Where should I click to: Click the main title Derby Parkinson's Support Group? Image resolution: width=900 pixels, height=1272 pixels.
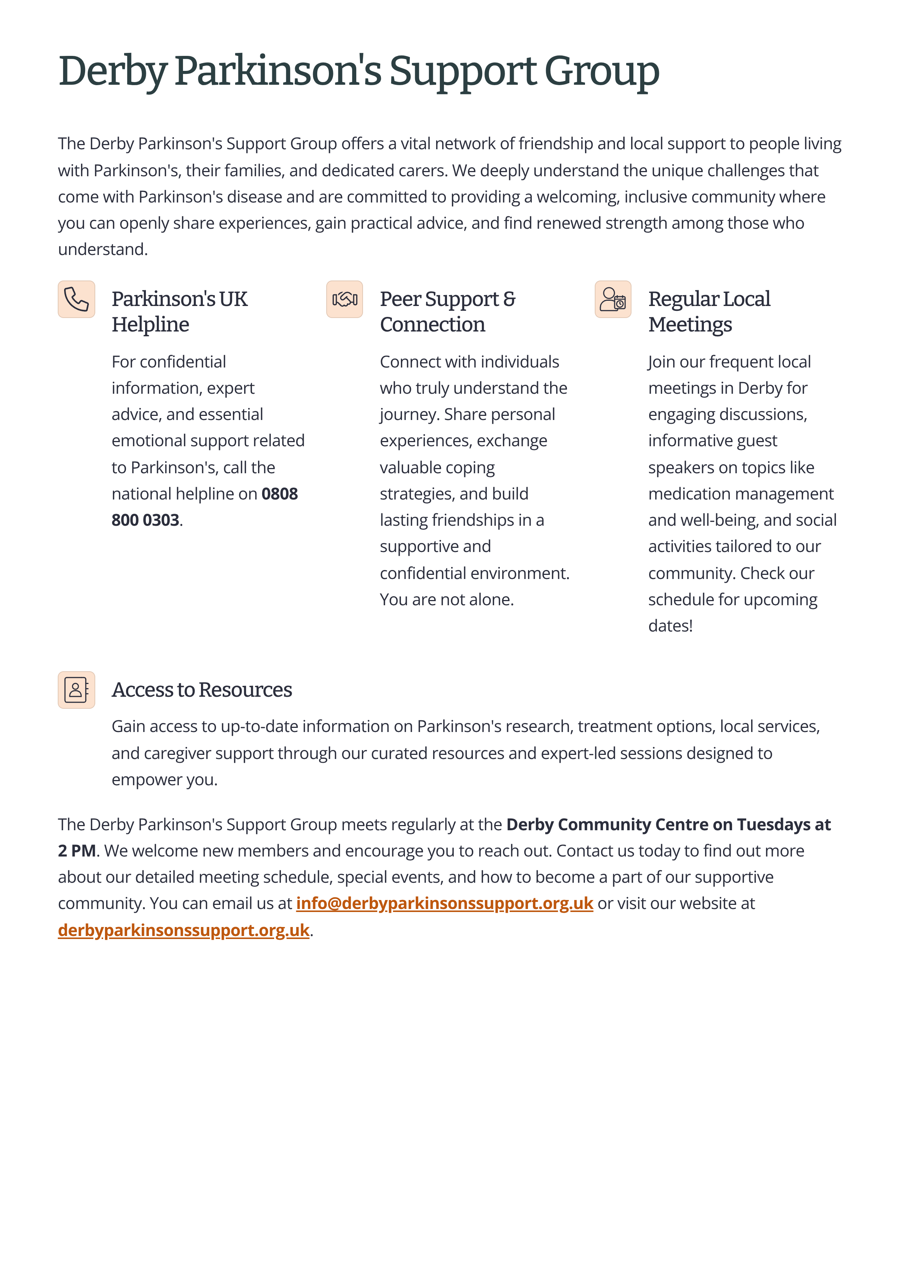pyautogui.click(x=358, y=72)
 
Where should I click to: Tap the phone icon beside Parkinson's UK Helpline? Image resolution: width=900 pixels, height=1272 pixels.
pyautogui.click(x=76, y=299)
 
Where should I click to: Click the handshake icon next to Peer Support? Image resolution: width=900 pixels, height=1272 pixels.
pyautogui.click(x=344, y=299)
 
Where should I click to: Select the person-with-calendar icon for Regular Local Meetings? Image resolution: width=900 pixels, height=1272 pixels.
pyautogui.click(x=612, y=299)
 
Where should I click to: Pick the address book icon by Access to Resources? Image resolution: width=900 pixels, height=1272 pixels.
pyautogui.click(x=76, y=690)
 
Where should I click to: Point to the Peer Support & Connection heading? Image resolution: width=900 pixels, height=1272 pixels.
pyautogui.click(x=447, y=312)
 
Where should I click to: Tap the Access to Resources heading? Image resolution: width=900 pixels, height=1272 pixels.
pyautogui.click(x=202, y=690)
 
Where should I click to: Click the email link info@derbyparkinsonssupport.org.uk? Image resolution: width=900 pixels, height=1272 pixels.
pyautogui.click(x=444, y=903)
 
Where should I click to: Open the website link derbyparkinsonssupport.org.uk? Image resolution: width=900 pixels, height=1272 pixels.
pyautogui.click(x=183, y=930)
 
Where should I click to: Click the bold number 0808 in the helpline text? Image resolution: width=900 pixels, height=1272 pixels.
pyautogui.click(x=280, y=494)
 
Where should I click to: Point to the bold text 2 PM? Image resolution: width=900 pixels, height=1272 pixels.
pyautogui.click(x=77, y=851)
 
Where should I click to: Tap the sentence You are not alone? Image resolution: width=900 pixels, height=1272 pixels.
pyautogui.click(x=447, y=600)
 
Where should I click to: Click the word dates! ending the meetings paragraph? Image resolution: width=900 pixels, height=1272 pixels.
pyautogui.click(x=670, y=626)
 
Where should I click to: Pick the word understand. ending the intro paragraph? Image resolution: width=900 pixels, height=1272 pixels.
pyautogui.click(x=102, y=249)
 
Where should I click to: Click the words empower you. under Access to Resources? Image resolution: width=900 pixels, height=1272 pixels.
pyautogui.click(x=165, y=780)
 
